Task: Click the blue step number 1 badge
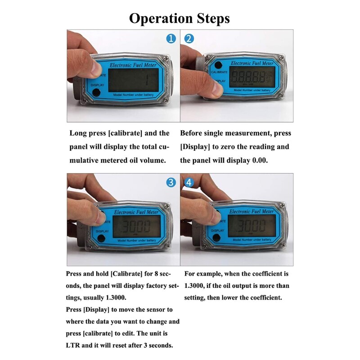[171, 39]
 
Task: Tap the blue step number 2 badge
[189, 39]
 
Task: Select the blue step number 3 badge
[171, 182]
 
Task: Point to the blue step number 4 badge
[189, 182]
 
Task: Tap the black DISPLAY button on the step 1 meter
[96, 93]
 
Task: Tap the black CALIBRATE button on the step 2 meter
[218, 65]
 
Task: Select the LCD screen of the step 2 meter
[252, 77]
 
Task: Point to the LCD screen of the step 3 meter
[137, 226]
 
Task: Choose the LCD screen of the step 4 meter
[252, 226]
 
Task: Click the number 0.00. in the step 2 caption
[260, 160]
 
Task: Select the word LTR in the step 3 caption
[72, 345]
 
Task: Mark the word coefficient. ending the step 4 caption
[266, 297]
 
